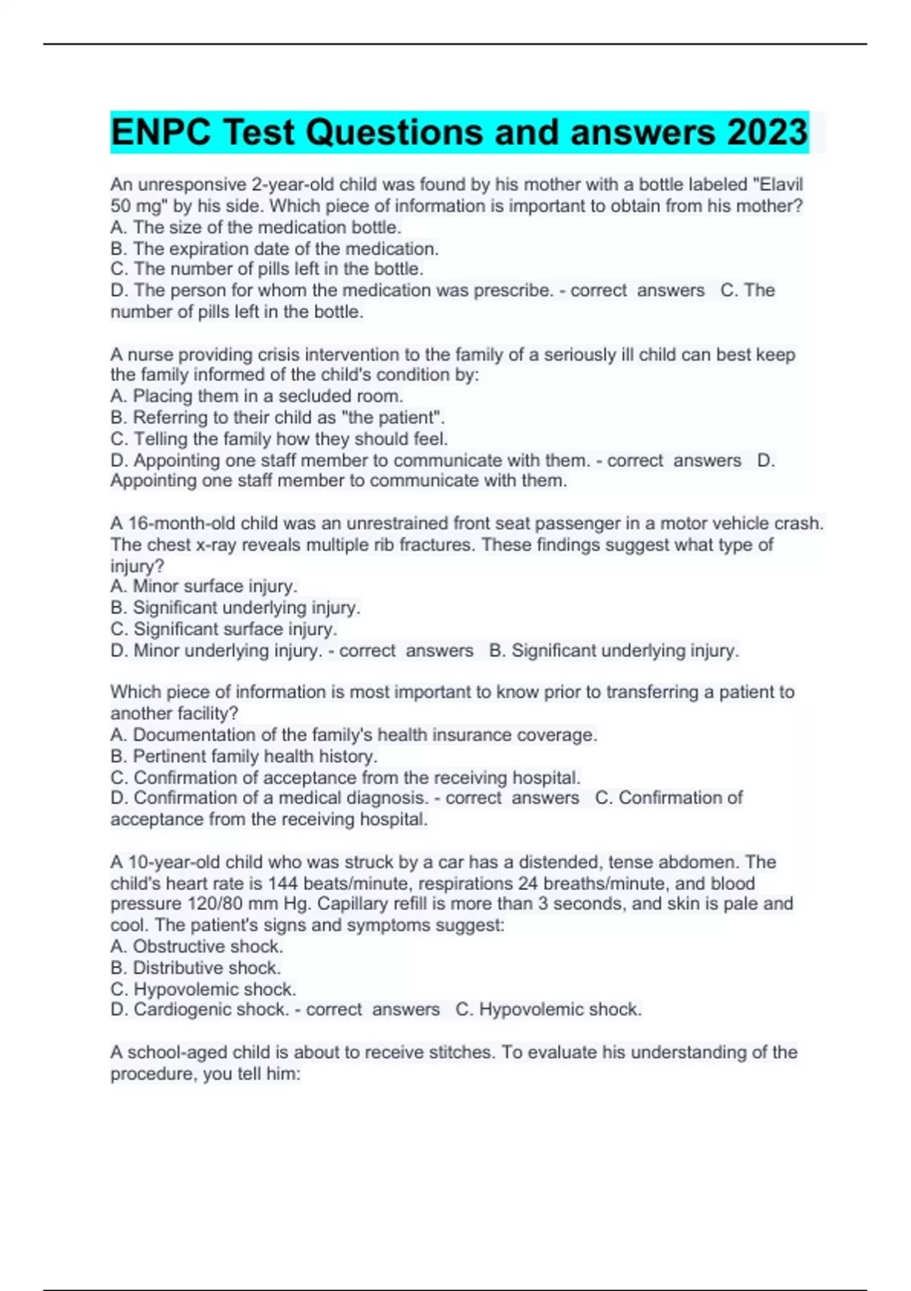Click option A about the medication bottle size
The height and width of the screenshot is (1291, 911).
tap(256, 227)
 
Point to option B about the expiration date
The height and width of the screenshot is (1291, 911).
tap(274, 248)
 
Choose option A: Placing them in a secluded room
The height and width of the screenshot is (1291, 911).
tap(257, 396)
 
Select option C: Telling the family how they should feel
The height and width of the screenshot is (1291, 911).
tap(279, 438)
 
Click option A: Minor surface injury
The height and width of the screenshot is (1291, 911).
tap(203, 586)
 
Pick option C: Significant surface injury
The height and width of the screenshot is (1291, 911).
tap(223, 629)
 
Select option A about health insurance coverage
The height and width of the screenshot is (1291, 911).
tap(354, 734)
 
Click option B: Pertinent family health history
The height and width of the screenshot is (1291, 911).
tap(244, 756)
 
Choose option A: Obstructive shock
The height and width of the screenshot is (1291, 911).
tap(197, 946)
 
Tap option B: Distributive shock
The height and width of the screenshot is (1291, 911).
tap(196, 967)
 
